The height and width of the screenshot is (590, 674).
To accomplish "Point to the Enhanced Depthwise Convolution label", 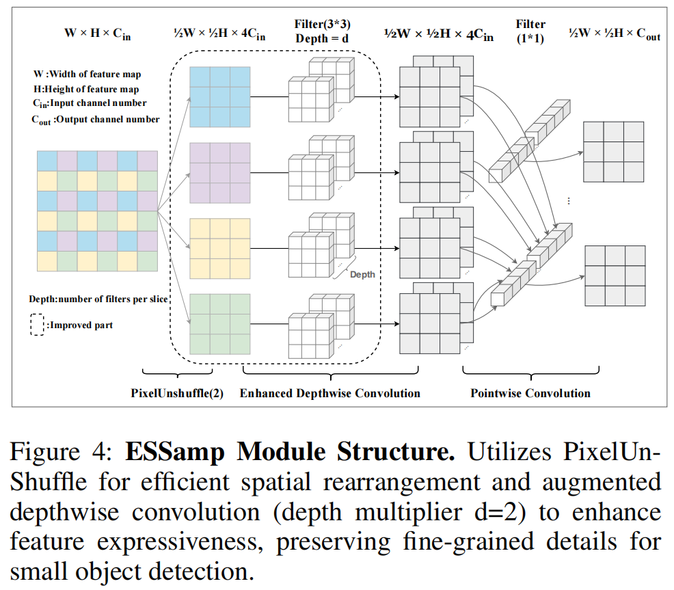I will (329, 393).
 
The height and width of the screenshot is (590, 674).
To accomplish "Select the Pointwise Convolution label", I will (530, 393).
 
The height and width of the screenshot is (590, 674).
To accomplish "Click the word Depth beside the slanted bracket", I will (362, 274).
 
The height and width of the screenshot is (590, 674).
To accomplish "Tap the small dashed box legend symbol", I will (37, 325).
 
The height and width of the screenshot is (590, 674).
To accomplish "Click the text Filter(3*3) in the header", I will (323, 25).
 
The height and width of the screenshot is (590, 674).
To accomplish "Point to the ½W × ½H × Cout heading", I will (615, 35).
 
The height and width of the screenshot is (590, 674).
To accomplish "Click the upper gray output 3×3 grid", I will (613, 151).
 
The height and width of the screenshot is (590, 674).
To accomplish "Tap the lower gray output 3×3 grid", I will (615, 276).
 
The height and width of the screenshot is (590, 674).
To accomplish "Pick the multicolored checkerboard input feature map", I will (97, 211).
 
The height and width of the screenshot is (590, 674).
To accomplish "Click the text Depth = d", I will (323, 38).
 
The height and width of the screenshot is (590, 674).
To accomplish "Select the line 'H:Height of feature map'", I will (86, 89).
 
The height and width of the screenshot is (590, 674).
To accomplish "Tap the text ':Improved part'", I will (80, 325).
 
